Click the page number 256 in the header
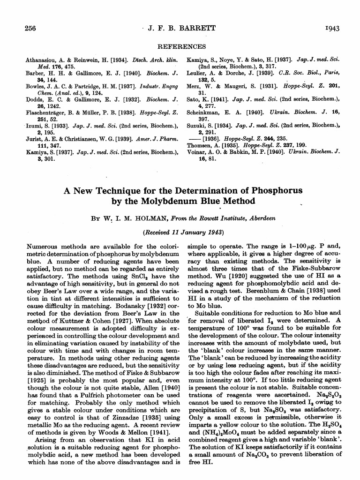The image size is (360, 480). pyautogui.click(x=30, y=29)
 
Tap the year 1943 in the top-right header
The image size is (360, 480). pyautogui.click(x=331, y=29)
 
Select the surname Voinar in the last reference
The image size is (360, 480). pyautogui.click(x=197, y=153)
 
